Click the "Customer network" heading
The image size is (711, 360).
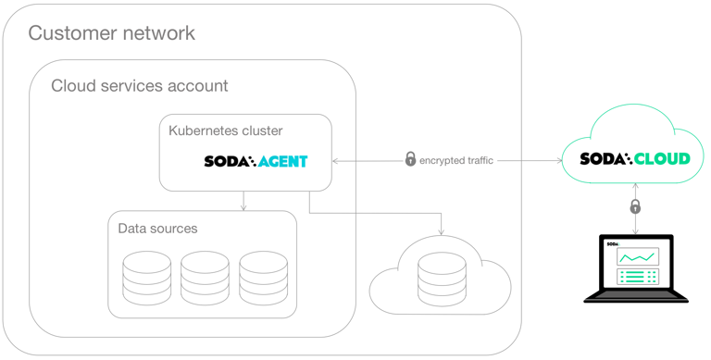point(111,33)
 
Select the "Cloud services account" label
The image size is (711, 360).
point(139,86)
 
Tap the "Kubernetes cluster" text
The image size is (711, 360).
point(225,130)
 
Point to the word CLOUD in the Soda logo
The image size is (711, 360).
point(662,158)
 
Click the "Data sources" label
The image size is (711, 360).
point(157,228)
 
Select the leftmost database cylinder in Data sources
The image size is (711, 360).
point(147,274)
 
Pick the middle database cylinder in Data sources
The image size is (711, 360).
point(205,274)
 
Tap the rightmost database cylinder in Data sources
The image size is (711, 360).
point(263,274)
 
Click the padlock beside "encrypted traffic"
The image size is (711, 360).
point(410,159)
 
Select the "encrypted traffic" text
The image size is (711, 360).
point(456,160)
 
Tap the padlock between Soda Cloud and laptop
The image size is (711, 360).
point(635,206)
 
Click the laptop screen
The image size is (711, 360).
point(635,265)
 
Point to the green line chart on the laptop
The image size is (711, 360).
point(638,257)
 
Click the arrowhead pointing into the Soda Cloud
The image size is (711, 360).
point(559,161)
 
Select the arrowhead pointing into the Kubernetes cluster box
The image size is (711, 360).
point(336,161)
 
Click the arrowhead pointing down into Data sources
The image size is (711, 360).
point(243,207)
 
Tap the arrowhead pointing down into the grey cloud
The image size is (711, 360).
point(442,231)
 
